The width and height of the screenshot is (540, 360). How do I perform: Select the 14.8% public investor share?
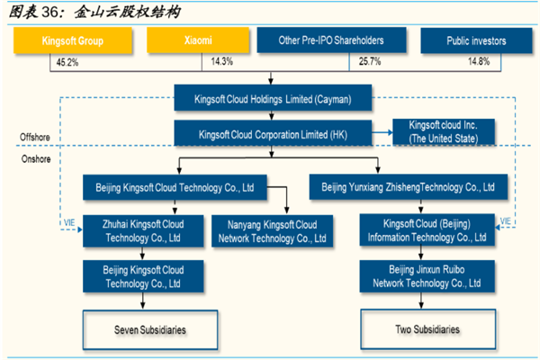(x=478, y=61)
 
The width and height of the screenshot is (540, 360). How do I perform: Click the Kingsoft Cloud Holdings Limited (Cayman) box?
(x=274, y=98)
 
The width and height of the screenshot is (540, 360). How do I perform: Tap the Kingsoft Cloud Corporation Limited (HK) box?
(x=274, y=134)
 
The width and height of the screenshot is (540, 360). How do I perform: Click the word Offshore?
(x=37, y=137)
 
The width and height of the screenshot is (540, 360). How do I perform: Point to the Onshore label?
(x=36, y=158)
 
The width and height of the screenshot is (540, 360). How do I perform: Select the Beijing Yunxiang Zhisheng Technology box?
(x=402, y=188)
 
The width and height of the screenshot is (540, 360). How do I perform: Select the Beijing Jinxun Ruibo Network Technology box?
(x=427, y=275)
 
